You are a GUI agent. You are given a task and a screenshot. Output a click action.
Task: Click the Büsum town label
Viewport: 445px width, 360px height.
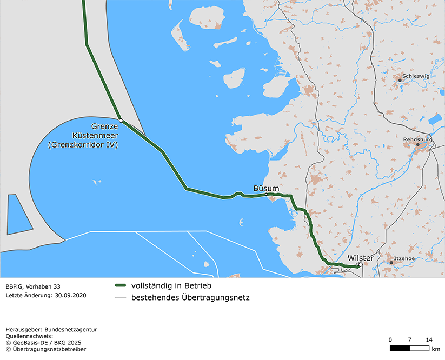[x=266, y=188]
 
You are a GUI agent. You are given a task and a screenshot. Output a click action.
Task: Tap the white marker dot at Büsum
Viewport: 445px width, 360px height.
[x=267, y=194]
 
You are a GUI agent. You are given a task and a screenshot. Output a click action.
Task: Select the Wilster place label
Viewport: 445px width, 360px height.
[x=360, y=258]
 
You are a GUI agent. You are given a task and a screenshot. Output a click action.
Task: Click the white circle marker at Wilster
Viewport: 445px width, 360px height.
[x=360, y=265]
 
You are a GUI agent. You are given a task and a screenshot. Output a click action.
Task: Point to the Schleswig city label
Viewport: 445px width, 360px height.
[x=416, y=76]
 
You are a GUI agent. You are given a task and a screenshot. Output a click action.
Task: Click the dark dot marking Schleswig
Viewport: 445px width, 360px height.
[x=400, y=80]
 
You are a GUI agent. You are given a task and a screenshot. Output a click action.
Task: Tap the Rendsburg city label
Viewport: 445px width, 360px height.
[x=417, y=139]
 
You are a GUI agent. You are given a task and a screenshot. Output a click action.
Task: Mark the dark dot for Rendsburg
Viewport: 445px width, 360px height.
[x=417, y=144]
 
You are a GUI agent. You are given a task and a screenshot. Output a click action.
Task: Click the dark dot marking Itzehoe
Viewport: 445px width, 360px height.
[x=391, y=263]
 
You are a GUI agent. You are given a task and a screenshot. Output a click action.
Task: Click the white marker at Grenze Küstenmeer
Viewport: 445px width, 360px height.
[x=121, y=120]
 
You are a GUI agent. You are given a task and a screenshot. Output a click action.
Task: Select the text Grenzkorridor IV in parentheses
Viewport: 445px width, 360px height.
[x=82, y=145]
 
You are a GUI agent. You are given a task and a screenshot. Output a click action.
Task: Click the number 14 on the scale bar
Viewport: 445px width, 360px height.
[x=429, y=339]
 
